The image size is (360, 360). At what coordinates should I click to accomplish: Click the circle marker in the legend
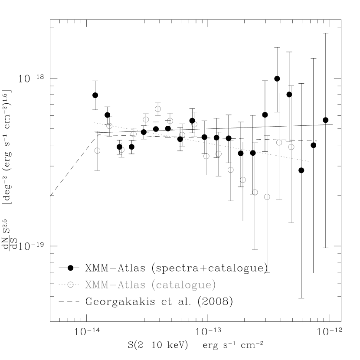pos(70,285)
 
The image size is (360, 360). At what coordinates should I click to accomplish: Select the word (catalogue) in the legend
pos(183,285)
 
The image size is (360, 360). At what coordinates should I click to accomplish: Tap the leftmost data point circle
pos(97,151)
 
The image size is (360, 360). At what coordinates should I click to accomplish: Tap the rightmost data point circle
pos(291,147)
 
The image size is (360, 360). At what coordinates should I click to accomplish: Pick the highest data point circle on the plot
pos(158,108)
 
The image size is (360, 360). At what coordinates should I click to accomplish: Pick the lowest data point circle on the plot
pos(267,197)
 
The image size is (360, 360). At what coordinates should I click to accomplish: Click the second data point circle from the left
pos(109,126)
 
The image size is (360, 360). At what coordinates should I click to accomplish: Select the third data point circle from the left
pos(122,150)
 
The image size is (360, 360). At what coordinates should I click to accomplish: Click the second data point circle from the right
pos(279,142)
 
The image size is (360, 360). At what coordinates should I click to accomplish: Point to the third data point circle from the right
pos(267,197)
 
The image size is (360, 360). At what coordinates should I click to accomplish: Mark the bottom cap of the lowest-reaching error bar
pos(267,272)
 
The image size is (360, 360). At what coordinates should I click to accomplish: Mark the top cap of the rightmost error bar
pos(291,86)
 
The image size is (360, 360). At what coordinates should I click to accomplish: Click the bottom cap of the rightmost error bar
pos(291,223)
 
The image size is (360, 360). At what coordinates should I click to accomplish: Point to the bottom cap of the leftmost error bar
pos(97,170)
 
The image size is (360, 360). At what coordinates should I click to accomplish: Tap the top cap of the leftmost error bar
pos(97,131)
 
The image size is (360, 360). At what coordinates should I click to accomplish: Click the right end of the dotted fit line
pos(308,161)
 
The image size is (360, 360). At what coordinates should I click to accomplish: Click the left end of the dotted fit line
pos(95,123)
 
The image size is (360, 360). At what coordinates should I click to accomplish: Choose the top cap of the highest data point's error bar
pos(158,102)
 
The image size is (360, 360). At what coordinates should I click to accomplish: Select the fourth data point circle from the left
pos(134,134)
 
